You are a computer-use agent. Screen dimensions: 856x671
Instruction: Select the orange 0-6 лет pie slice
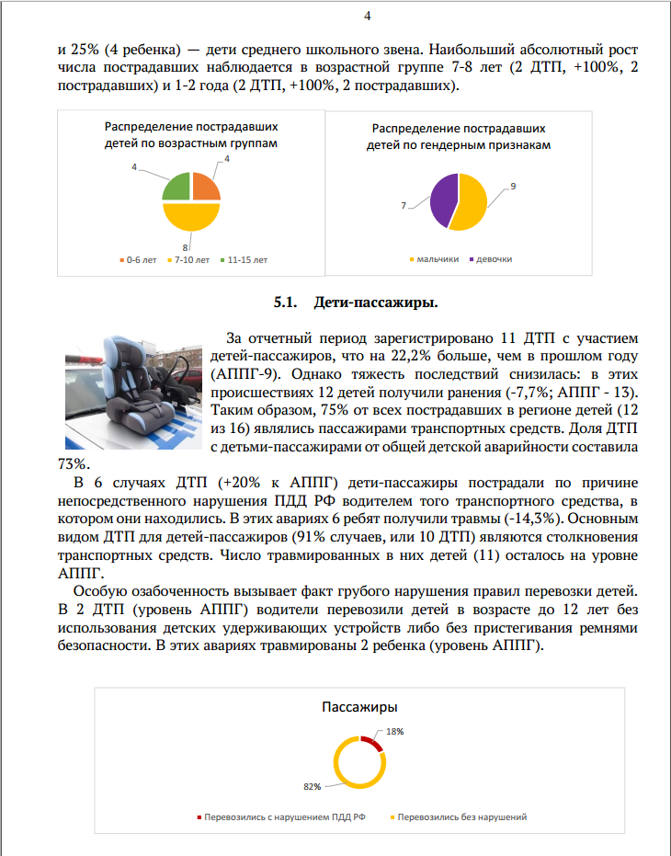(205, 187)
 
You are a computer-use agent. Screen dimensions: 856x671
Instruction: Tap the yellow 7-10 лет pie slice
(191, 217)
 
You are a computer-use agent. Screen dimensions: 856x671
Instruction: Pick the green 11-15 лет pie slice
(176, 187)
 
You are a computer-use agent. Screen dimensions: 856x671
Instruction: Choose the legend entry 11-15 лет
(244, 260)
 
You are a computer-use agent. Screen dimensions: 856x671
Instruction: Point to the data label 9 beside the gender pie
(512, 187)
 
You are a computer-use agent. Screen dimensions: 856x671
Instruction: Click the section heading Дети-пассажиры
(375, 301)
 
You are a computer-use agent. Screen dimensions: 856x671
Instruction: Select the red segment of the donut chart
(371, 741)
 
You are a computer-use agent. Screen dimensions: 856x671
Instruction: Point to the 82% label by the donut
(312, 786)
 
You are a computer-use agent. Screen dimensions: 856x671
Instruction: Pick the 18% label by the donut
(395, 732)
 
